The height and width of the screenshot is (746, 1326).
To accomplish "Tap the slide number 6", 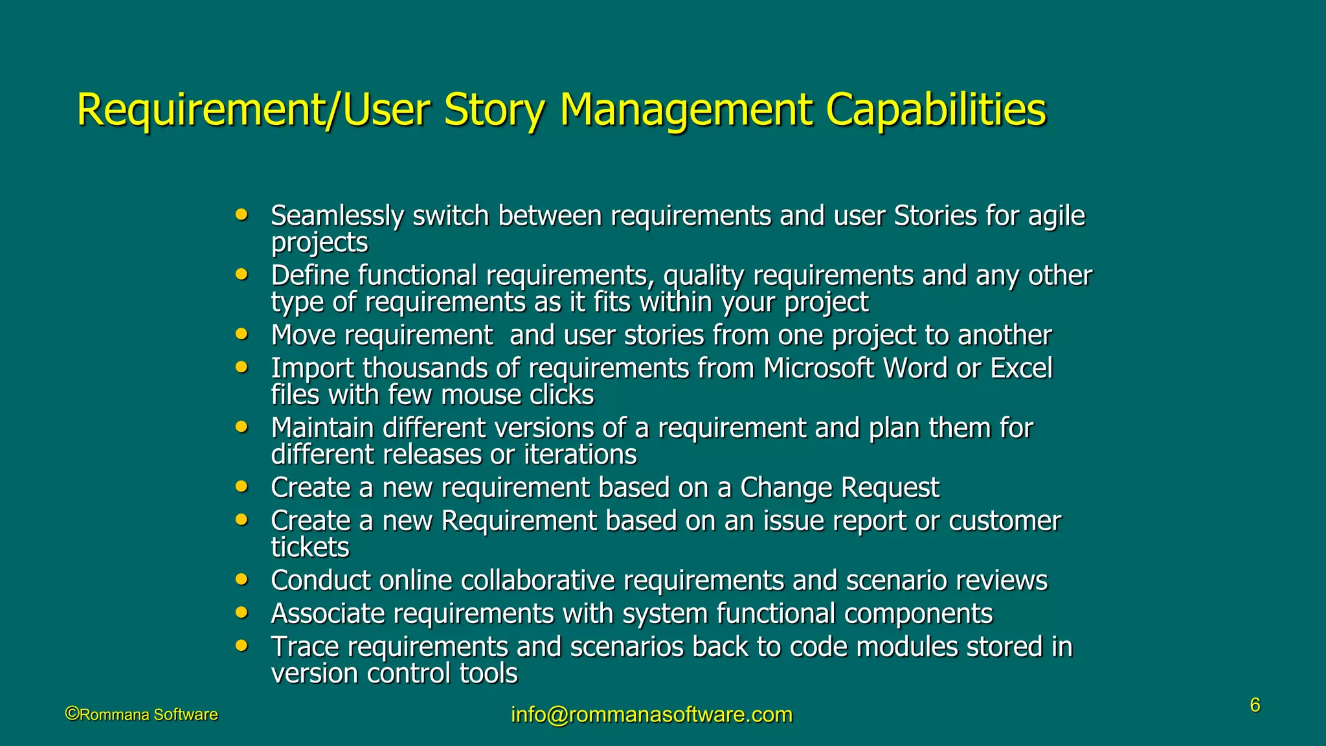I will click(1255, 705).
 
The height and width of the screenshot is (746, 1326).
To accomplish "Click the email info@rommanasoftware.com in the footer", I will click(651, 714).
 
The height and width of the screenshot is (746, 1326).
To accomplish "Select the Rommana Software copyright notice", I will click(141, 714).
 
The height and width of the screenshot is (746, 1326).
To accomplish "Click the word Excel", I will click(1021, 368).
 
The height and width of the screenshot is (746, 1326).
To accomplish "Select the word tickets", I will click(309, 548).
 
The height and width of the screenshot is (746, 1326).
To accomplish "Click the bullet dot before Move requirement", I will click(242, 334).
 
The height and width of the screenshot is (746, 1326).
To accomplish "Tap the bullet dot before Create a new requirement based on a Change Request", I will click(242, 486).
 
